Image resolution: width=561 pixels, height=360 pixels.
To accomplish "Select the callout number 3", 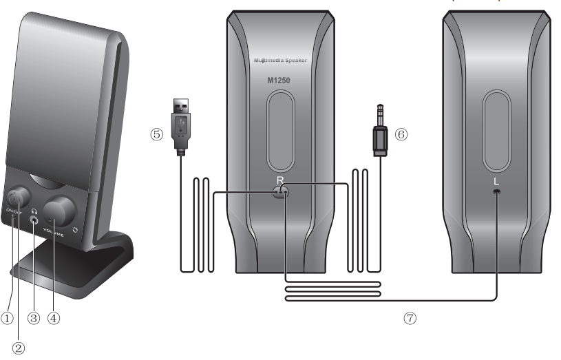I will click(34, 318).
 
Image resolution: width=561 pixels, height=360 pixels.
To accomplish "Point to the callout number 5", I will click(156, 134).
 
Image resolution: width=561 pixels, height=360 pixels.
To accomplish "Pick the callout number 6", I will click(402, 134).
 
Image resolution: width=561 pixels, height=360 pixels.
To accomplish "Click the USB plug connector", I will click(180, 121).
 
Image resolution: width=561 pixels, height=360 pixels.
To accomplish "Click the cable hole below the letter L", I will click(496, 193).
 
